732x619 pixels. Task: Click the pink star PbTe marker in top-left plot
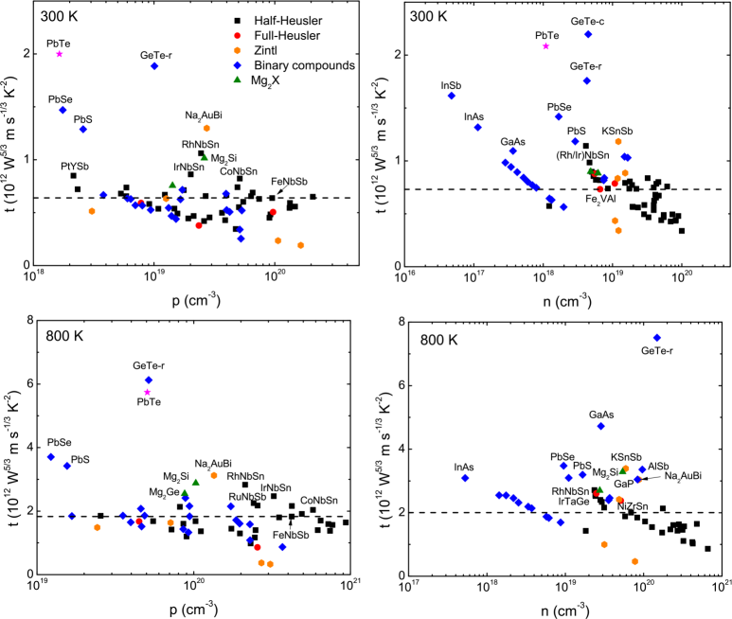[x=59, y=54]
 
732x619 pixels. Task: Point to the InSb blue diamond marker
[x=452, y=96]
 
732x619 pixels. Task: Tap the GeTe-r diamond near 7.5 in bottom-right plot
[x=656, y=338]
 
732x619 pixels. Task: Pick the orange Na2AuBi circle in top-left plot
[x=206, y=128]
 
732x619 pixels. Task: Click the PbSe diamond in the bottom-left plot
[x=51, y=457]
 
